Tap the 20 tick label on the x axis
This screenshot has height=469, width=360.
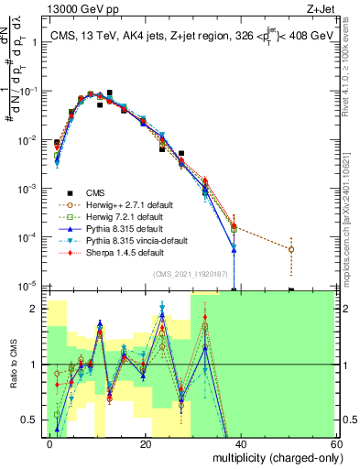tap(146, 444)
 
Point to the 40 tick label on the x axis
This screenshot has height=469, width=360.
tap(241, 444)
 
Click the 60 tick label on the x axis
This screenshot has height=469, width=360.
tap(335, 444)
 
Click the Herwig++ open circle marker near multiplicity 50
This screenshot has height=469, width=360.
tap(290, 249)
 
